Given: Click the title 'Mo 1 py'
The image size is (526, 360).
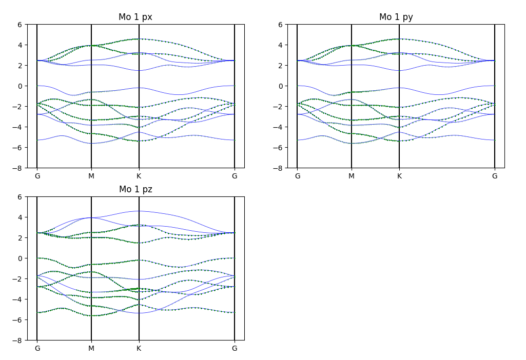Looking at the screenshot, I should [396, 17].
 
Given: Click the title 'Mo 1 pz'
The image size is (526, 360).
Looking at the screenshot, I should [135, 190].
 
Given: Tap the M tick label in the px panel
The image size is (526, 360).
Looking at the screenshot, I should [91, 176].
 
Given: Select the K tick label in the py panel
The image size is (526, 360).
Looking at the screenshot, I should [399, 176].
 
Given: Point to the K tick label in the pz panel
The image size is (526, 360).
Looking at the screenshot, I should [139, 349].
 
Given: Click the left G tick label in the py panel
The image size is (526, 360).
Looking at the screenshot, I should [297, 176].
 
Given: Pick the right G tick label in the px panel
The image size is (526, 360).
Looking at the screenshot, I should [235, 176].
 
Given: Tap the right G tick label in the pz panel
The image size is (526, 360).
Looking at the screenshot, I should [235, 349].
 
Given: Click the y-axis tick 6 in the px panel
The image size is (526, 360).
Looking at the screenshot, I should [21, 25].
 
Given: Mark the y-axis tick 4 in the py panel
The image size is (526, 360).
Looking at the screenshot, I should [281, 45].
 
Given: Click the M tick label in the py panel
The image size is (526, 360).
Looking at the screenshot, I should [352, 176].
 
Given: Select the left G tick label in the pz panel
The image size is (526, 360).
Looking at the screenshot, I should [37, 349].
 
